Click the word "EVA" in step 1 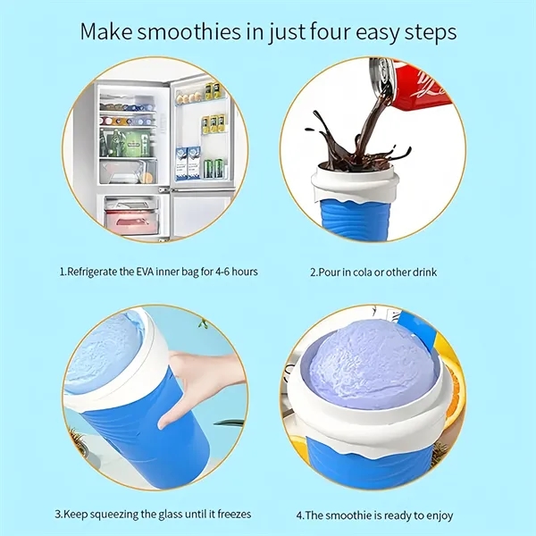pos(145,272)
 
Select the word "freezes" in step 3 pos(234,514)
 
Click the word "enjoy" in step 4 pos(439,515)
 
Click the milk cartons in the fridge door pos(188,163)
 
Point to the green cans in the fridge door pos(214,168)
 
